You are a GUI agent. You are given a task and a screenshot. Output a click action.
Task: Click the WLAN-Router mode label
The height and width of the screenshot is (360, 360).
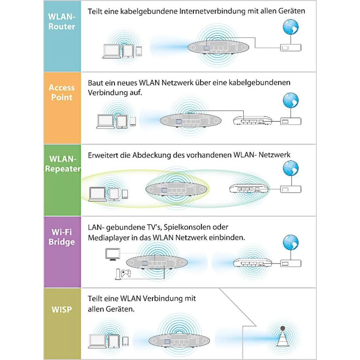(62, 22)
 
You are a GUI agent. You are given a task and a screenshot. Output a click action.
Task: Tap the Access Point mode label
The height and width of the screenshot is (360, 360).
(62, 93)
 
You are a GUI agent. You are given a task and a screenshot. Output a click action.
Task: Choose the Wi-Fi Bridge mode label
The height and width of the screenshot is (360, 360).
(62, 237)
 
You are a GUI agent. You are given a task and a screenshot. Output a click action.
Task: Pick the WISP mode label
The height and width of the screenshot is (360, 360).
(62, 309)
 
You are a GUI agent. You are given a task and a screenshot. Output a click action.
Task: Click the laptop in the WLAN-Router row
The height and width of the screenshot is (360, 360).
(112, 51)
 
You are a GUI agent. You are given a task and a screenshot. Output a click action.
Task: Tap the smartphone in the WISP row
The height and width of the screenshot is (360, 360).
(125, 341)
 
